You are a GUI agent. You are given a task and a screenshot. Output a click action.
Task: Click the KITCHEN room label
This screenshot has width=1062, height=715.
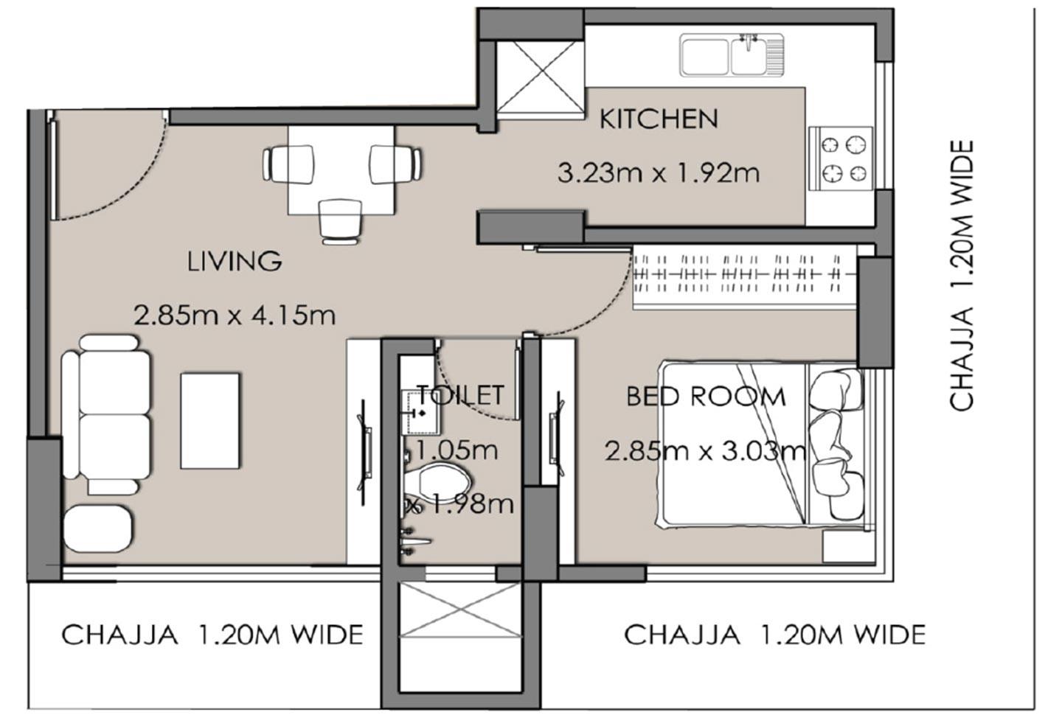click(x=658, y=119)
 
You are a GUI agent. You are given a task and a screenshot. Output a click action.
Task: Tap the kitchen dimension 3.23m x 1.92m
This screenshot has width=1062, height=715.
click(x=658, y=173)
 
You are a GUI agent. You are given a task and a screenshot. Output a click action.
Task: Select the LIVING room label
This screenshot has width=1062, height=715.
click(x=235, y=261)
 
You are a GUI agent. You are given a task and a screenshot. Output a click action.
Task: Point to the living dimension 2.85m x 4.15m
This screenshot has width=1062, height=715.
click(x=235, y=315)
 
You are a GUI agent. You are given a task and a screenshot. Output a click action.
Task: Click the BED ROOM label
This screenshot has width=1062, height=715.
click(x=706, y=397)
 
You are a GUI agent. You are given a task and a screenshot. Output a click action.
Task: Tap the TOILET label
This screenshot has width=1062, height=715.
click(x=460, y=395)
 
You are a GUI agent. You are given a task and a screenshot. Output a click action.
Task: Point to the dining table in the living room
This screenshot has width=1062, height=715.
click(x=341, y=170)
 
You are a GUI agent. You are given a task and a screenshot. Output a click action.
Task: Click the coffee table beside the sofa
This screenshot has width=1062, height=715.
click(x=210, y=420)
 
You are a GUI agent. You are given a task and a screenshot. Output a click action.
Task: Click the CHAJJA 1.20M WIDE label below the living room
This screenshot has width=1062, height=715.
click(x=212, y=635)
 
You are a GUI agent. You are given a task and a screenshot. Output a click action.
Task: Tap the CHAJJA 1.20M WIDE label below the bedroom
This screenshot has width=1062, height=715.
click(x=774, y=635)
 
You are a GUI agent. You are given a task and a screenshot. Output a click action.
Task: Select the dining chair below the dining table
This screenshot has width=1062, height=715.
click(x=341, y=220)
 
